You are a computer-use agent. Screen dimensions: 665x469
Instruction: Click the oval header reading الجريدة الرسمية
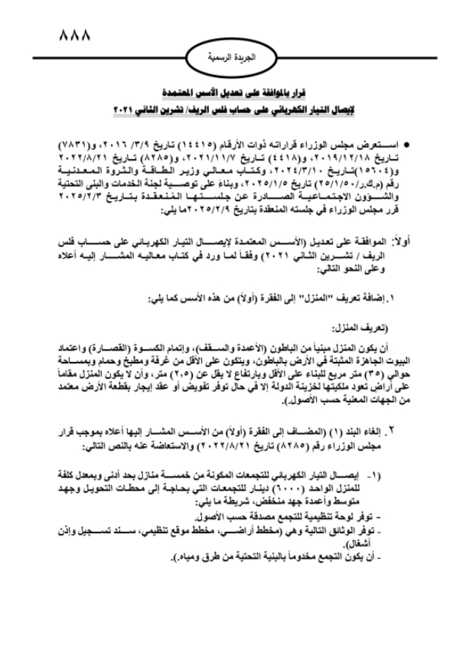tap(234, 57)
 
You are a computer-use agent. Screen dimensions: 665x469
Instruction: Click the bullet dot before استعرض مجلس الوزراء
tap(412, 144)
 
